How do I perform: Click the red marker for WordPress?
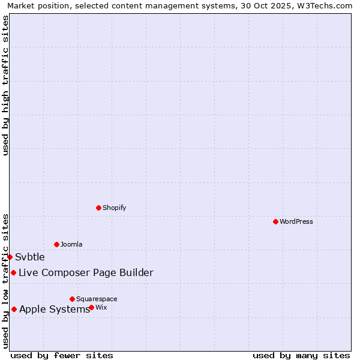(275, 222)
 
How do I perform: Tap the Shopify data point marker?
(98, 208)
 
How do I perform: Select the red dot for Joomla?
(56, 244)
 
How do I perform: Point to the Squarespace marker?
(72, 299)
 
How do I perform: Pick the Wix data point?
(91, 307)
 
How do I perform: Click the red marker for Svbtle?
(10, 257)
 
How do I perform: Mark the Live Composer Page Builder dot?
(13, 273)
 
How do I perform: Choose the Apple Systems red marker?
(14, 310)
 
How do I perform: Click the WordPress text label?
(296, 222)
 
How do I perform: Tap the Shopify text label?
(114, 208)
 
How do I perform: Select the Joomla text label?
(71, 244)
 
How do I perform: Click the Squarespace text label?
(97, 299)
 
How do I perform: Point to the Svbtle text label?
(30, 257)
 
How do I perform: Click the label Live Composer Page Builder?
(86, 273)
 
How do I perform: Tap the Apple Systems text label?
(54, 310)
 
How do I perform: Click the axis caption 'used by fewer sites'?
(62, 355)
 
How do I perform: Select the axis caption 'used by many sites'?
(301, 355)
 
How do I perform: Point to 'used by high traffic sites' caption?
(5, 85)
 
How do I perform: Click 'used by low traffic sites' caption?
(5, 281)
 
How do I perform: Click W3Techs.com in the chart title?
(326, 5)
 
